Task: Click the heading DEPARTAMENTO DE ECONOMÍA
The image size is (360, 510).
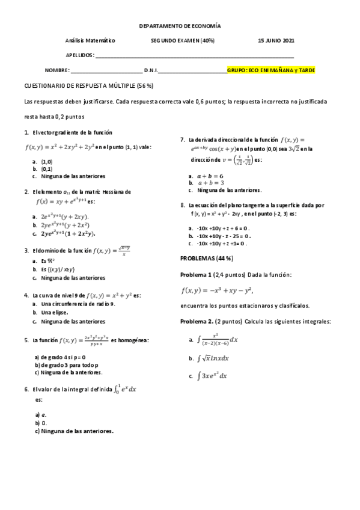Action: click(180, 26)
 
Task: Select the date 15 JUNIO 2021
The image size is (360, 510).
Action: click(276, 40)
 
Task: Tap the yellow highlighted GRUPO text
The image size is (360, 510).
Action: click(271, 70)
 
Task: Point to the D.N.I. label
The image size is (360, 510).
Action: click(151, 70)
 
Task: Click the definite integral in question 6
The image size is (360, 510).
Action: click(126, 389)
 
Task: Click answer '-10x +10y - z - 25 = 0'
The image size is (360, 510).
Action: click(223, 236)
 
